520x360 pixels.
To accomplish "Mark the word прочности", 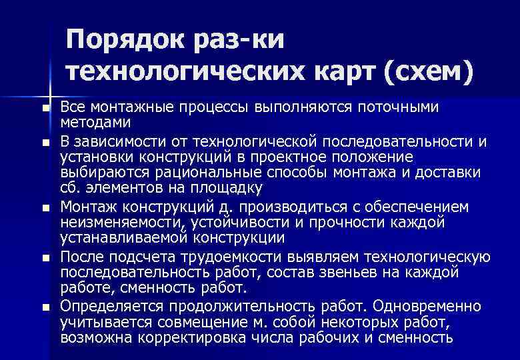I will click(363, 222).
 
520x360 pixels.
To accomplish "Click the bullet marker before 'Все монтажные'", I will click(45, 109).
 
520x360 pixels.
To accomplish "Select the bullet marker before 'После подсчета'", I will click(45, 257).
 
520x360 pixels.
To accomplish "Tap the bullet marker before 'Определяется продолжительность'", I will click(45, 307).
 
